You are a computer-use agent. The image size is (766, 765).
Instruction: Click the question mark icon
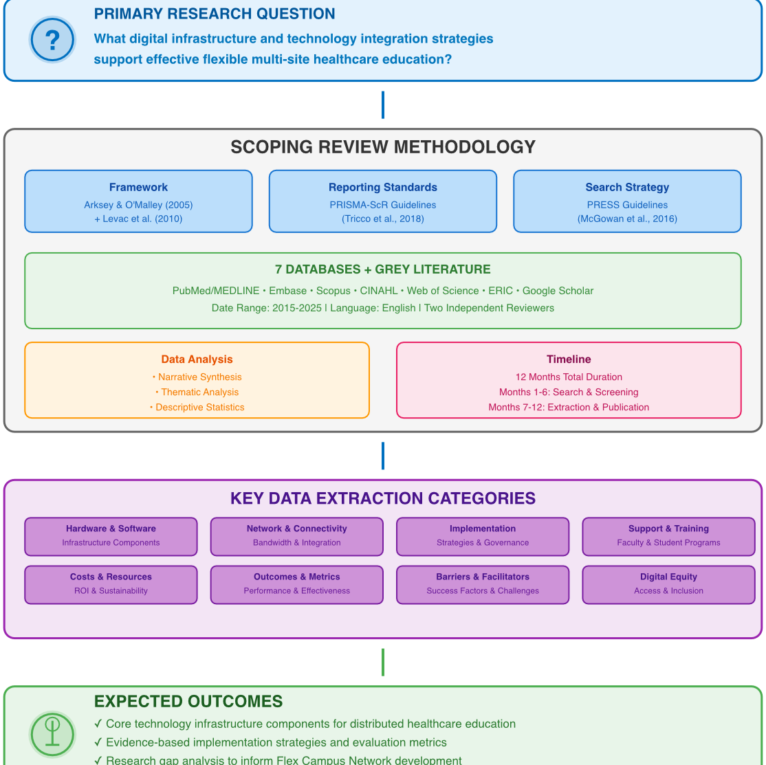tap(52, 40)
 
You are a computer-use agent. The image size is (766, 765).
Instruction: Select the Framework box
tap(138, 201)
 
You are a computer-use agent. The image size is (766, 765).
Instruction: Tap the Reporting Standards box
tap(382, 201)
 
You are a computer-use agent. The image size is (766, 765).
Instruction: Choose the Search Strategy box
tap(627, 201)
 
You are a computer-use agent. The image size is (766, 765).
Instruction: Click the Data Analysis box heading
tap(197, 359)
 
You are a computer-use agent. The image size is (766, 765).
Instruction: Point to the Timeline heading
tap(569, 359)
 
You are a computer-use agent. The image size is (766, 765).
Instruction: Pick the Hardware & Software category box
tap(111, 536)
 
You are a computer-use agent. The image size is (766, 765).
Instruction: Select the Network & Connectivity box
tap(296, 536)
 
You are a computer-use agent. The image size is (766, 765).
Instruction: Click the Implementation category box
tap(483, 536)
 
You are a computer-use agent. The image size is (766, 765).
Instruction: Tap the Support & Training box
tap(668, 536)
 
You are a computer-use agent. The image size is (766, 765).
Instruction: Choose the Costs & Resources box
tap(111, 584)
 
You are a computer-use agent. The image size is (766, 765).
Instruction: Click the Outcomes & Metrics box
tap(296, 584)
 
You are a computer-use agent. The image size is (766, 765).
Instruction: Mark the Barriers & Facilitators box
tap(483, 584)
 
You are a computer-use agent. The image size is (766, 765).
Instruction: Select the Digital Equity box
tap(668, 584)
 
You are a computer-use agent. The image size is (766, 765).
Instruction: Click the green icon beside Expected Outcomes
tap(52, 734)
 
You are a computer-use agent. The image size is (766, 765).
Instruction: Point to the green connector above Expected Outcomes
tap(382, 662)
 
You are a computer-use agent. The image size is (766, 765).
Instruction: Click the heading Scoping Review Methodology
tap(382, 147)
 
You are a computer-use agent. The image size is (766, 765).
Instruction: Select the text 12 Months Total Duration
tap(569, 377)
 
